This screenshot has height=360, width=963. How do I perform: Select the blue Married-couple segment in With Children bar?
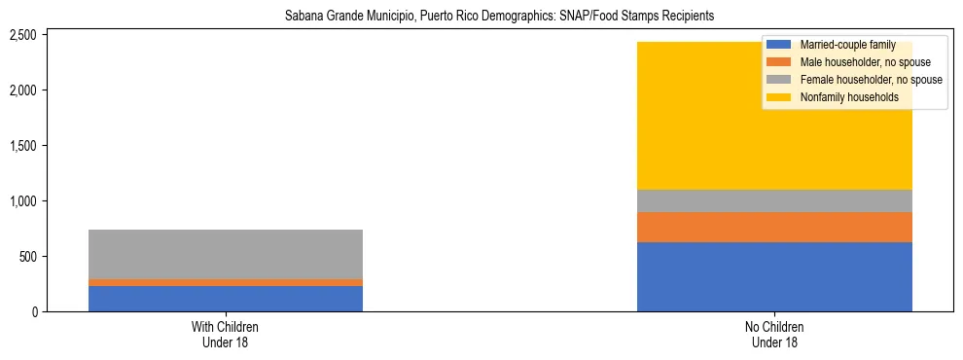point(226,298)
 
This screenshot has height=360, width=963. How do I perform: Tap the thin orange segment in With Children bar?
point(226,282)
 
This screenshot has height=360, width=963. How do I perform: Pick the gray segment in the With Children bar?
point(226,254)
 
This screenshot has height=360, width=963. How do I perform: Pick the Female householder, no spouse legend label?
point(871,80)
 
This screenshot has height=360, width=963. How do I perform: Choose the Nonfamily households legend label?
point(842,97)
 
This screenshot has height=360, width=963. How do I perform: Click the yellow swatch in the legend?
point(779,97)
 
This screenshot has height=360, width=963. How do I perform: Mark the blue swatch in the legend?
point(779,45)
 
